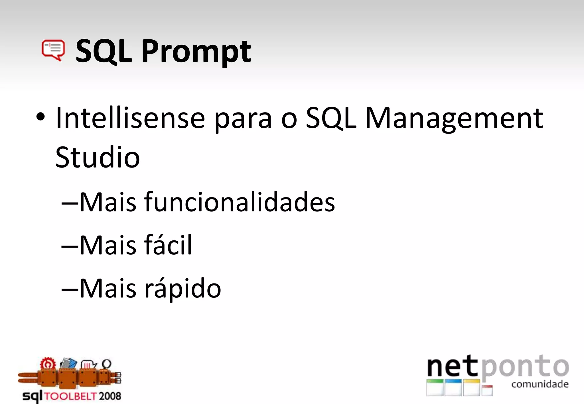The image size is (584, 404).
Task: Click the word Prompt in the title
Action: point(196,52)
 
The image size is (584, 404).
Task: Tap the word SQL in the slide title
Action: point(104,51)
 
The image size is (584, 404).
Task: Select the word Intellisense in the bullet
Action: point(130,118)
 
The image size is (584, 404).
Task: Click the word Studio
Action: point(98,157)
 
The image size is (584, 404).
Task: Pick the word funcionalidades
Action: point(240,202)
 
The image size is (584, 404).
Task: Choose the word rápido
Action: point(183,289)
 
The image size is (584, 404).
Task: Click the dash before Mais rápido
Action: point(69,289)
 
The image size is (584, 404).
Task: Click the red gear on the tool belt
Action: point(48,364)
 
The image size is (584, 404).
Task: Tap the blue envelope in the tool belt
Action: point(69,363)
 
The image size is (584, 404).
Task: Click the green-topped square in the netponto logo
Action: point(435,387)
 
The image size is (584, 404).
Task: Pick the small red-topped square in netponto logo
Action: point(487,390)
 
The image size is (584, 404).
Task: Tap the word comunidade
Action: point(540,384)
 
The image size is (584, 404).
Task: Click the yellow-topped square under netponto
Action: point(471,387)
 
